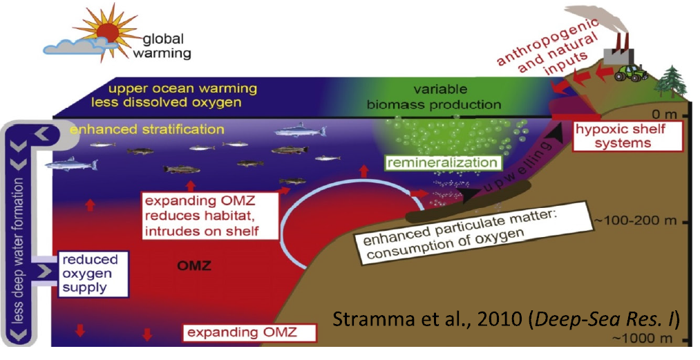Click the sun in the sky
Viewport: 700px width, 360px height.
coord(108,33)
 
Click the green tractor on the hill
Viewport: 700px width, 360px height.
coord(631,73)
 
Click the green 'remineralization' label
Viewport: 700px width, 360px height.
coord(442,162)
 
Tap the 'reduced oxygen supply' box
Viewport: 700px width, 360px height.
coord(93,274)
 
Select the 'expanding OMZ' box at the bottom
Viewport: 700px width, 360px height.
coord(249,333)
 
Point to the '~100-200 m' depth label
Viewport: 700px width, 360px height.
coord(638,220)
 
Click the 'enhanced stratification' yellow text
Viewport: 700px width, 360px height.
coord(147,129)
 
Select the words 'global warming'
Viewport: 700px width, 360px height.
coord(162,46)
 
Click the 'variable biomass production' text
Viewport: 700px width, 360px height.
coord(433,97)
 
